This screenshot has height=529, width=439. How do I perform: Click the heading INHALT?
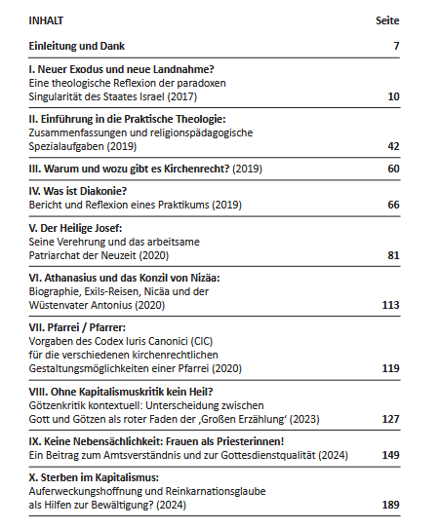point(46,20)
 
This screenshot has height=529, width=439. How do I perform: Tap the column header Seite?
point(387,20)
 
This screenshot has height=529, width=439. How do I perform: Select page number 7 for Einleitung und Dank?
point(396,46)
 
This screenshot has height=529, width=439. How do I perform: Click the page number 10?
point(393,96)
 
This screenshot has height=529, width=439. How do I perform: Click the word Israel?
point(152,96)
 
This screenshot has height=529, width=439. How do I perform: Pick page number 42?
point(393,146)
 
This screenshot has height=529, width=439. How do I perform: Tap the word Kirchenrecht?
point(197,169)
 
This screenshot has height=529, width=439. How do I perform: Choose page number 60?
point(393,169)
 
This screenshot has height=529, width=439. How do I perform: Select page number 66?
point(393,205)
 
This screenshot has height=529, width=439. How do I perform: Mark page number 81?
point(393,255)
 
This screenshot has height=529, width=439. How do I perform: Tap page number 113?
point(390,305)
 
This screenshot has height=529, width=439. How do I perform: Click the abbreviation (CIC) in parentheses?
point(202,341)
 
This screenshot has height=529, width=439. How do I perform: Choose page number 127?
point(390,419)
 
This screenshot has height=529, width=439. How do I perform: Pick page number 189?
point(390,505)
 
